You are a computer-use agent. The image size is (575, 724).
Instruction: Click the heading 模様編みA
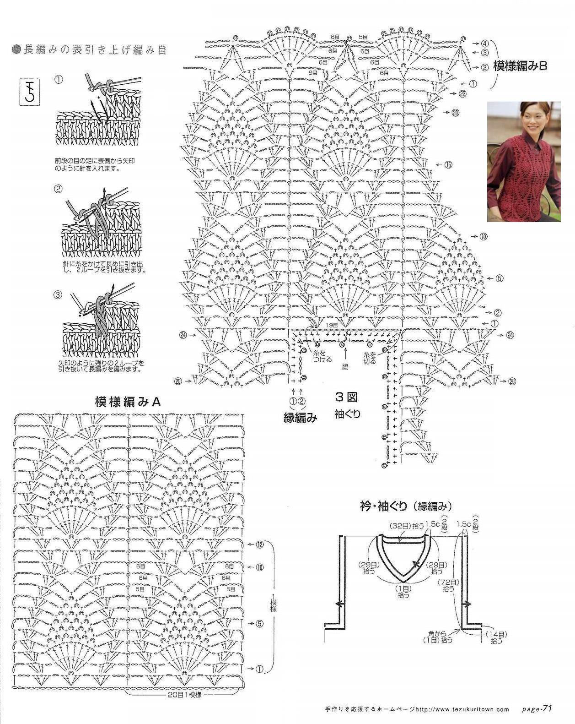point(129,402)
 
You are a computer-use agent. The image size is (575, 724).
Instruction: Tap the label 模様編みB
point(520,66)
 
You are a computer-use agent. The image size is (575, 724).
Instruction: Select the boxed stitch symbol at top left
point(28,91)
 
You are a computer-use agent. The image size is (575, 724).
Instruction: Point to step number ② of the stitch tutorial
point(58,188)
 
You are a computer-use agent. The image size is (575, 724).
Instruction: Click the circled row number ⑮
point(447,164)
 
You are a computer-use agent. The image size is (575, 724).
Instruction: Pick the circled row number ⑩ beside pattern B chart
point(484,237)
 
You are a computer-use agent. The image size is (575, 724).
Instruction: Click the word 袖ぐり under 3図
point(348,414)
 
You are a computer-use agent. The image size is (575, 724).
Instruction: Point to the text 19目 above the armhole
point(333,325)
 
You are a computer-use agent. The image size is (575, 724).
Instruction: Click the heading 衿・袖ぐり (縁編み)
point(406,506)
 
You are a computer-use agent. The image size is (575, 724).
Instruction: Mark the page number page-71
point(537,708)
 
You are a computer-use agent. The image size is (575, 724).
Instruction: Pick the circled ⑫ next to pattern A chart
point(260,544)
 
